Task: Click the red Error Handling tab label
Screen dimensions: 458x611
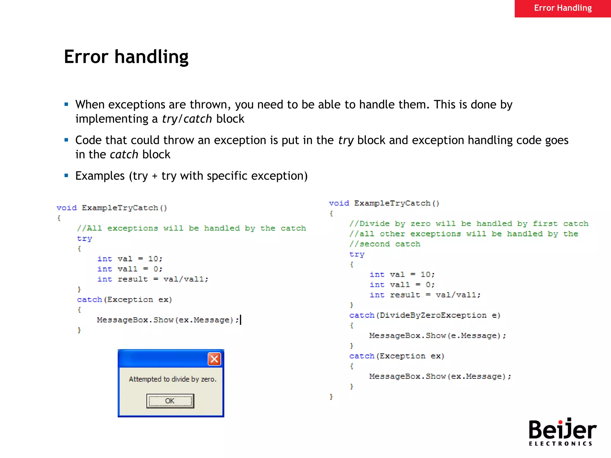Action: click(x=563, y=8)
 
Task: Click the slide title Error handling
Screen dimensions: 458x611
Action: click(x=126, y=57)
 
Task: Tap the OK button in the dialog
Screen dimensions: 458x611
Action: click(x=170, y=401)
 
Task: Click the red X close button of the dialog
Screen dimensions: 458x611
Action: click(x=214, y=359)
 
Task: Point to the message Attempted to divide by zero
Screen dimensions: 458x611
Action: click(x=172, y=379)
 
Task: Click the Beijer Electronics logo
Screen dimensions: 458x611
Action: click(x=562, y=432)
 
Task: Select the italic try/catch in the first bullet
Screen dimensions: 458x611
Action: click(x=187, y=119)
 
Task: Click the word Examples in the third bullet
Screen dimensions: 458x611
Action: click(x=100, y=176)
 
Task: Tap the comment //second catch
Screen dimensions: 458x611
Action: click(x=385, y=244)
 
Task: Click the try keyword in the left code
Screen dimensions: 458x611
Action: click(x=84, y=239)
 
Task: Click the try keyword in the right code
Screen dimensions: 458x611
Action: click(x=357, y=254)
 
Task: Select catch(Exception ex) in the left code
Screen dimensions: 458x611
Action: click(x=124, y=300)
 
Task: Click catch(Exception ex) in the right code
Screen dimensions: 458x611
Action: click(x=397, y=356)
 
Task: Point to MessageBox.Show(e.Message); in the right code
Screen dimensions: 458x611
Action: click(x=437, y=336)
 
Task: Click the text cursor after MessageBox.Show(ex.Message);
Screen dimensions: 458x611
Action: click(x=241, y=320)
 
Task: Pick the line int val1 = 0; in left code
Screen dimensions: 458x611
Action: click(x=130, y=269)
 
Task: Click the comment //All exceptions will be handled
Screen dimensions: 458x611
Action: click(x=191, y=228)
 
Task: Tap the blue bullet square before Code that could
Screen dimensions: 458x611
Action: click(x=66, y=140)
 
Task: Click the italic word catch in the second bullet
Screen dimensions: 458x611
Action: click(x=124, y=154)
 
